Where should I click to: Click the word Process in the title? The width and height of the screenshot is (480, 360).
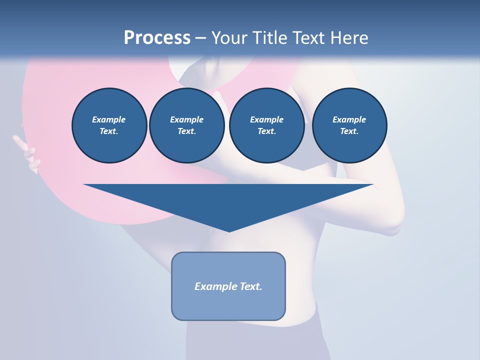[x=157, y=38]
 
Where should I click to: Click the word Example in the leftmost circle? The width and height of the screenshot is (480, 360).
[x=109, y=119]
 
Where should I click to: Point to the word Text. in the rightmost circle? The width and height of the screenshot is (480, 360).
[x=349, y=131]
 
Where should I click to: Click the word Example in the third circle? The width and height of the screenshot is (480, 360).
[x=266, y=119]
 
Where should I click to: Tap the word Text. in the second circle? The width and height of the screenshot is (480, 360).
[x=186, y=131]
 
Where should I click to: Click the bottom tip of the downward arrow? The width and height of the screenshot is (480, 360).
[x=229, y=231]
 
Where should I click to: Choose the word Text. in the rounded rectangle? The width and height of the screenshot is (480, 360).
[x=251, y=286]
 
